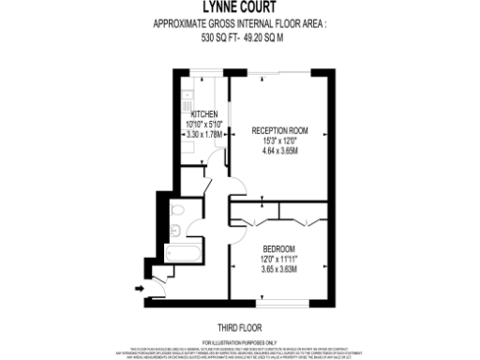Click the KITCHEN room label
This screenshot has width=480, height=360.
(x=204, y=113)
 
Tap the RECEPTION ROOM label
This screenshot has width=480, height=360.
(x=280, y=131)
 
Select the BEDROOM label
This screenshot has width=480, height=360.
(x=278, y=248)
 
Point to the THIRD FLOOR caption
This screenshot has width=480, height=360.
(x=239, y=329)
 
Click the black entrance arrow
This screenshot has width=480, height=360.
(x=141, y=291)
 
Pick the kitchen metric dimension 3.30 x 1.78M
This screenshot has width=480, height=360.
(x=204, y=134)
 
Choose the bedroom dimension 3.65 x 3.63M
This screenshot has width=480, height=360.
(x=278, y=270)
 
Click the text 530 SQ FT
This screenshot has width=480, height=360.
(x=219, y=40)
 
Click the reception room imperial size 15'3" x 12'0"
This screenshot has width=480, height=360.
(x=280, y=142)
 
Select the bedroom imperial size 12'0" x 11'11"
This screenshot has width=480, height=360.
(x=278, y=260)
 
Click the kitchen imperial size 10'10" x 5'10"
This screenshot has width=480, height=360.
(x=204, y=124)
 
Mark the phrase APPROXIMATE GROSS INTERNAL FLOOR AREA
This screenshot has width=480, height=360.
(x=239, y=25)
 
